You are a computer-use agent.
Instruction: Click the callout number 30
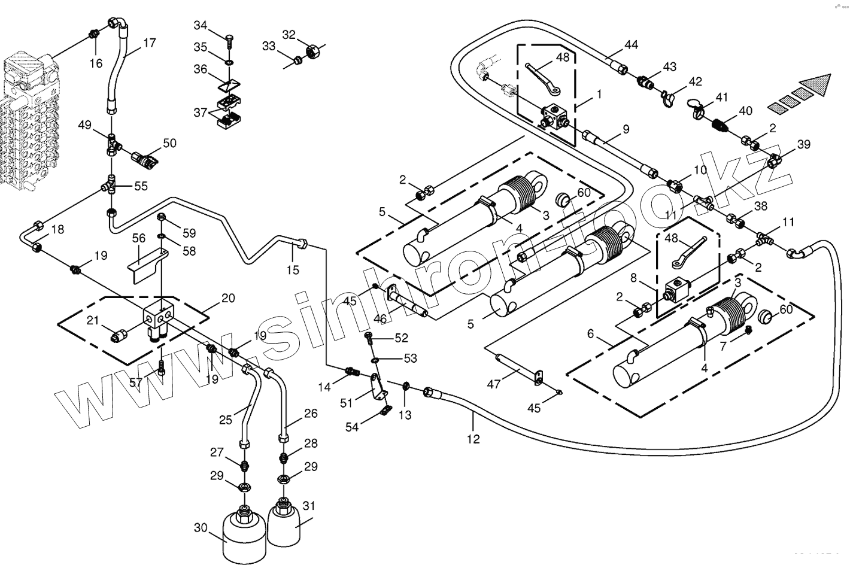pos(201,528)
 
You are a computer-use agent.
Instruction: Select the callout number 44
pos(631,44)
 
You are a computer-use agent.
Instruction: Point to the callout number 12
pos(473,439)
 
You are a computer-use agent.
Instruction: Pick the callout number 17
pos(149,43)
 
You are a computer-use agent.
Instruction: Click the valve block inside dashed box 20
pos(159,318)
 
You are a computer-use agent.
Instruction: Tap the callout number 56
pos(139,238)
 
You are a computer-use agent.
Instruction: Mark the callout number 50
pos(169,143)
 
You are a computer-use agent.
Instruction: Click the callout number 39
pos(803,144)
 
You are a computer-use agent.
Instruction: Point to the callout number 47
pos(493,384)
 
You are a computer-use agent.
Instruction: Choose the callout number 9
pos(626,128)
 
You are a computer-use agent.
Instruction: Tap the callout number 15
pos(292,270)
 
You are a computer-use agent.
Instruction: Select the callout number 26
pos(311,413)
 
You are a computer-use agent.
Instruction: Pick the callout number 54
pos(352,426)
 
